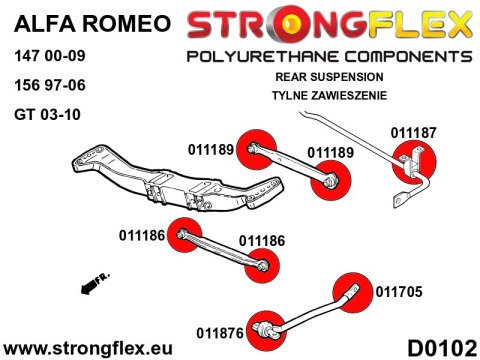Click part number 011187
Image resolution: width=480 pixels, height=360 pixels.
coord(413,131)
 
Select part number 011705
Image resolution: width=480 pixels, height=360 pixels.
coord(399,292)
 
